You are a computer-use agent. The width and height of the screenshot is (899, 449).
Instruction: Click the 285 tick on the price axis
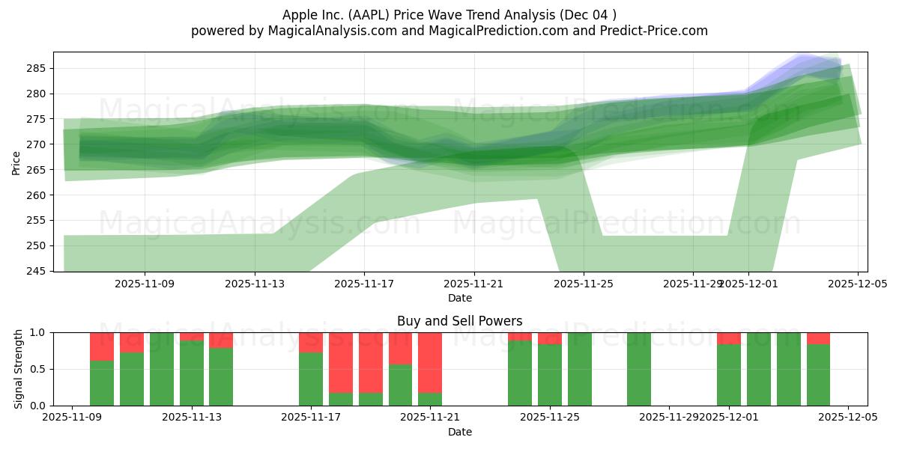[x=37, y=68]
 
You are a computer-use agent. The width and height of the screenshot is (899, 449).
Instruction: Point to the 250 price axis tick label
[x=37, y=245]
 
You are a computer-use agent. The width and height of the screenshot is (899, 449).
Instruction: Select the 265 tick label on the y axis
[x=37, y=170]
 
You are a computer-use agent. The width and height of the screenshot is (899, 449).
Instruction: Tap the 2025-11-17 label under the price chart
[x=364, y=284]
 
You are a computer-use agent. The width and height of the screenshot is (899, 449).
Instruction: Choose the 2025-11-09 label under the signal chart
[x=72, y=418]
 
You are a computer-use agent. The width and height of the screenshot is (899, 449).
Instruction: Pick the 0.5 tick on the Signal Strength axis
[x=38, y=369]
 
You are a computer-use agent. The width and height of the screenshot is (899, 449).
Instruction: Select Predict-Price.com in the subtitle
[x=657, y=31]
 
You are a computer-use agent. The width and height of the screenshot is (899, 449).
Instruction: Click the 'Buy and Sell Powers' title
[x=460, y=321]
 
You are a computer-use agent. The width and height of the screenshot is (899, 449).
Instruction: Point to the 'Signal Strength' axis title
[x=19, y=369]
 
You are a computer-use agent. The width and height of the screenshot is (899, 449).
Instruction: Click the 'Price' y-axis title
[x=16, y=162]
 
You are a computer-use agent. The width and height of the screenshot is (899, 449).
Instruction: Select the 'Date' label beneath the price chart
[x=460, y=298]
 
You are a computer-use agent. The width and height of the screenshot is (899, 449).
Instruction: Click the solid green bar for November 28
[x=639, y=369]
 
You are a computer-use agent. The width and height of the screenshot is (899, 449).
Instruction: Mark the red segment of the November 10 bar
[x=102, y=346]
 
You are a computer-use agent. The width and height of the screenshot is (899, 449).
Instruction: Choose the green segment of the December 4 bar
[x=818, y=375]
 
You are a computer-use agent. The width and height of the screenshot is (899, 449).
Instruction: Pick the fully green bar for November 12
[x=162, y=369]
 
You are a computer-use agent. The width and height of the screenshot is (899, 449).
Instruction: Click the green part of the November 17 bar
[x=311, y=379]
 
